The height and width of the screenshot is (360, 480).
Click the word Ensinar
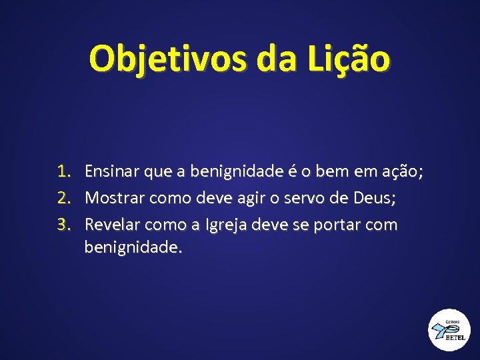click(113, 173)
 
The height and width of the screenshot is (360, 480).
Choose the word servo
click(303, 198)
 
